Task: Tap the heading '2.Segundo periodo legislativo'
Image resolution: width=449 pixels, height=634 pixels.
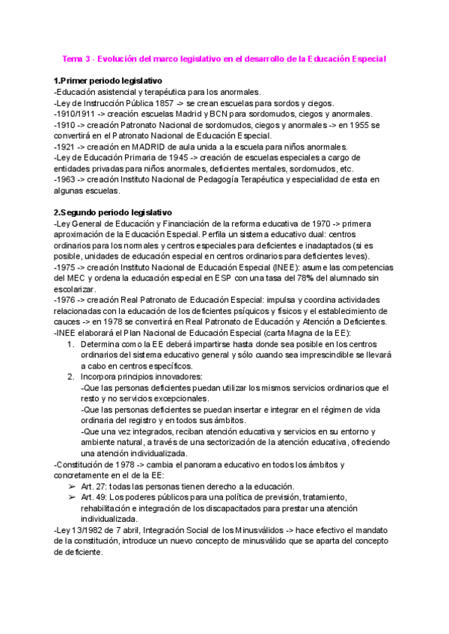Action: coord(113,212)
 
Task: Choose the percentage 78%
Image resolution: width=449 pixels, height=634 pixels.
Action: coord(298,278)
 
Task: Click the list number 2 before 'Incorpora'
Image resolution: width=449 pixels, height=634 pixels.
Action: coord(70,377)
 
